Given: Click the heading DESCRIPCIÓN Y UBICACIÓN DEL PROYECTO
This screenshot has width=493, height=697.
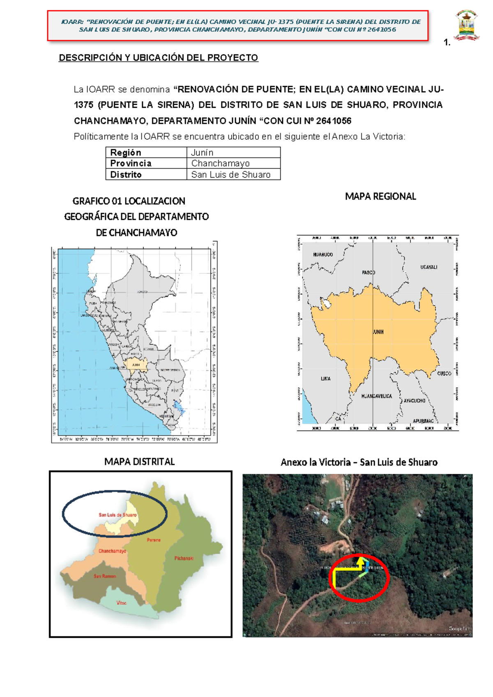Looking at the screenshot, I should point(158,58).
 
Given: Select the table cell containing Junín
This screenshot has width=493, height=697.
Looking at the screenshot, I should point(233,152).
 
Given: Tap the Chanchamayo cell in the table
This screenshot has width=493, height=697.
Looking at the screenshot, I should point(233,164).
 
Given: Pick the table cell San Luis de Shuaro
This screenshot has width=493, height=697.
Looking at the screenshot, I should point(233,175).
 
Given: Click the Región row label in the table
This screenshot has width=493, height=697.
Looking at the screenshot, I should point(146,152).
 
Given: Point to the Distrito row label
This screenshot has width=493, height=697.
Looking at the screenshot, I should point(146,175).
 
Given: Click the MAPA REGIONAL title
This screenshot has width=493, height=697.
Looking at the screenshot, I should point(380,196).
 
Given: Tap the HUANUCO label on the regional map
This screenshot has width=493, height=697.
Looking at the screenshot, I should point(323,254).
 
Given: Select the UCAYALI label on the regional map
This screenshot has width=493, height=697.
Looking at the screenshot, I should point(428,267).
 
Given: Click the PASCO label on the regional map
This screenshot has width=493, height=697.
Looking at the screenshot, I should point(369,272).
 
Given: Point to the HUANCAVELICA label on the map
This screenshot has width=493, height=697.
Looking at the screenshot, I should point(376,396).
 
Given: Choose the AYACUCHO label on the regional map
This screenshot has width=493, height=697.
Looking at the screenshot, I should point(414,400).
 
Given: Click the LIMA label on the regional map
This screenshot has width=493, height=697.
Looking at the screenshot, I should point(325,379).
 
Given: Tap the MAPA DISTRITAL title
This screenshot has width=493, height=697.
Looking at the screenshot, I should point(140,462).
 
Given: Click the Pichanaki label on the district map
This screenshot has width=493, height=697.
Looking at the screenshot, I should point(184,558).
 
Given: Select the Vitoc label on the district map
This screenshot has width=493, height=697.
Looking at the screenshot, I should point(121,603).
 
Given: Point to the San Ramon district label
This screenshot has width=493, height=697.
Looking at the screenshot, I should point(105,576).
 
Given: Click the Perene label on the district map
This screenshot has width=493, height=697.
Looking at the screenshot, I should point(154,540).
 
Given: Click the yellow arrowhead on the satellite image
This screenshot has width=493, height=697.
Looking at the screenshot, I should point(360,560).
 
